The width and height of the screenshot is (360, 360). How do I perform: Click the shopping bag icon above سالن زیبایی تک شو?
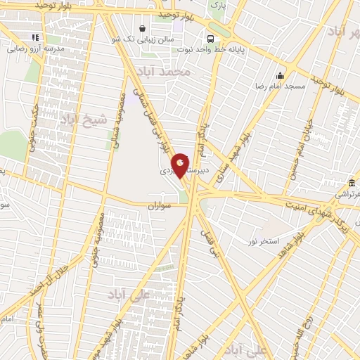click(143, 30)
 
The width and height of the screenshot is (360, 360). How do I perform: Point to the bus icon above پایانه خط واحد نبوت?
click(210, 39)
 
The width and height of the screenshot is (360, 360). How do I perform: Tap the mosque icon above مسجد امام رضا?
click(281, 76)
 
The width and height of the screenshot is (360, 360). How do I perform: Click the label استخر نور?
click(262, 241)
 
